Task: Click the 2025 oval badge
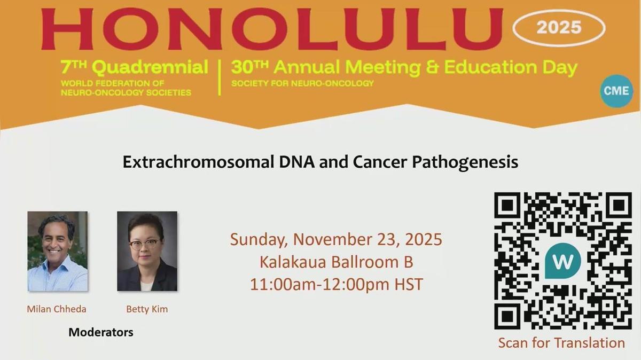(x=559, y=27)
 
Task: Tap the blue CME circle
(x=616, y=91)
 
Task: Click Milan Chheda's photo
(x=57, y=251)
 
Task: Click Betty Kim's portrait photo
(x=147, y=251)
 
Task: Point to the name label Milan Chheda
(x=57, y=309)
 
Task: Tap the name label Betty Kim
(x=147, y=309)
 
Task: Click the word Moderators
(x=101, y=332)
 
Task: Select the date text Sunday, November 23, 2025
(x=336, y=239)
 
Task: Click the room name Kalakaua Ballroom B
(x=336, y=262)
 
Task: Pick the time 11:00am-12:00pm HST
(x=336, y=284)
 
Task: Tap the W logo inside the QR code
(x=563, y=262)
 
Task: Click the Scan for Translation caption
(x=561, y=342)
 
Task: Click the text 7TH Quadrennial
(x=134, y=68)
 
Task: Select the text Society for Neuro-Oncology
(x=302, y=83)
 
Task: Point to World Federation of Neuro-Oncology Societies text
(x=126, y=88)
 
